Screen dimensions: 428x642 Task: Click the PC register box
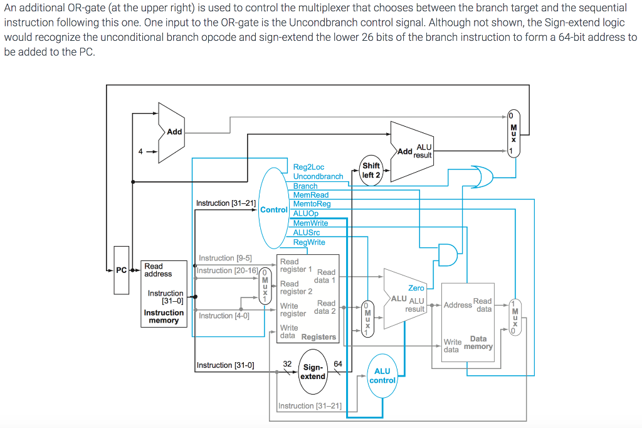pos(121,270)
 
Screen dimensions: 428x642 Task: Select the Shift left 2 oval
pos(371,170)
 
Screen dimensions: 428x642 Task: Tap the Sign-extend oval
pos(313,372)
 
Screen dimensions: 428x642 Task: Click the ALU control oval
pos(382,376)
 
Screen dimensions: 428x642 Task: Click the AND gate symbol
pos(448,254)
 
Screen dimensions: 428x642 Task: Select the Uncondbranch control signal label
pos(318,176)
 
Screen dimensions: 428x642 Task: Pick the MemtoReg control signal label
pos(312,204)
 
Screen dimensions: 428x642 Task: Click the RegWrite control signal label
pos(309,242)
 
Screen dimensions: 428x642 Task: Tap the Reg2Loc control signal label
pos(308,167)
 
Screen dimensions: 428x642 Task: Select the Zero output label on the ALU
pos(416,288)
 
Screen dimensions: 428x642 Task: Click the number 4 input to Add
pos(141,151)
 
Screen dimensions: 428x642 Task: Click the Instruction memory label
pos(164,316)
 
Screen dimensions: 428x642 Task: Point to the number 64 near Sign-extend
pos(338,363)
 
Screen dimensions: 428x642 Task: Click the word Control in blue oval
pos(273,210)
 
